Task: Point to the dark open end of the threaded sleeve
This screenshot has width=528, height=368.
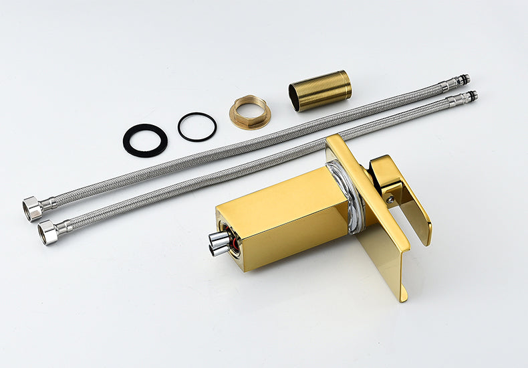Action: click(x=295, y=98)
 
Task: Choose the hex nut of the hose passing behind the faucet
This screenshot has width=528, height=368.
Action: click(x=47, y=232)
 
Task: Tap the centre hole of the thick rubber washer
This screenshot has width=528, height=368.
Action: click(x=145, y=140)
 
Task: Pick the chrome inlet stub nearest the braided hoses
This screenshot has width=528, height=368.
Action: click(x=218, y=238)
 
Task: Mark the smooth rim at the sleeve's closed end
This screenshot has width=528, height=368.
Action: click(x=347, y=84)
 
